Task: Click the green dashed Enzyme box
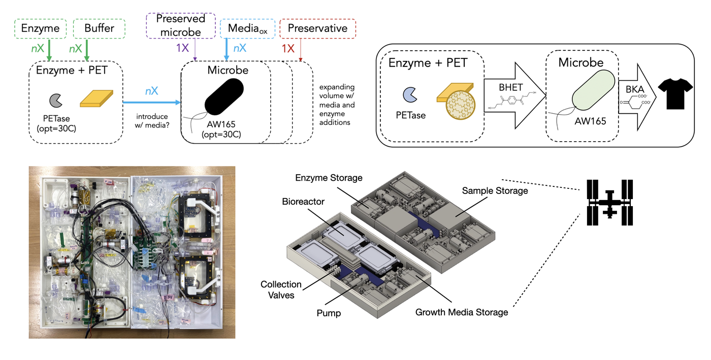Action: click(x=41, y=29)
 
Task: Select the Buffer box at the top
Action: click(x=99, y=29)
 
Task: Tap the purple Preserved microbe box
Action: click(x=180, y=25)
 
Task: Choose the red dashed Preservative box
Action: click(x=317, y=28)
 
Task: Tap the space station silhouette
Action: click(x=609, y=202)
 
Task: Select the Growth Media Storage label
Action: click(x=462, y=312)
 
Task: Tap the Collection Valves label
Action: click(x=281, y=289)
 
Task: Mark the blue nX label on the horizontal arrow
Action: click(x=151, y=91)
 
